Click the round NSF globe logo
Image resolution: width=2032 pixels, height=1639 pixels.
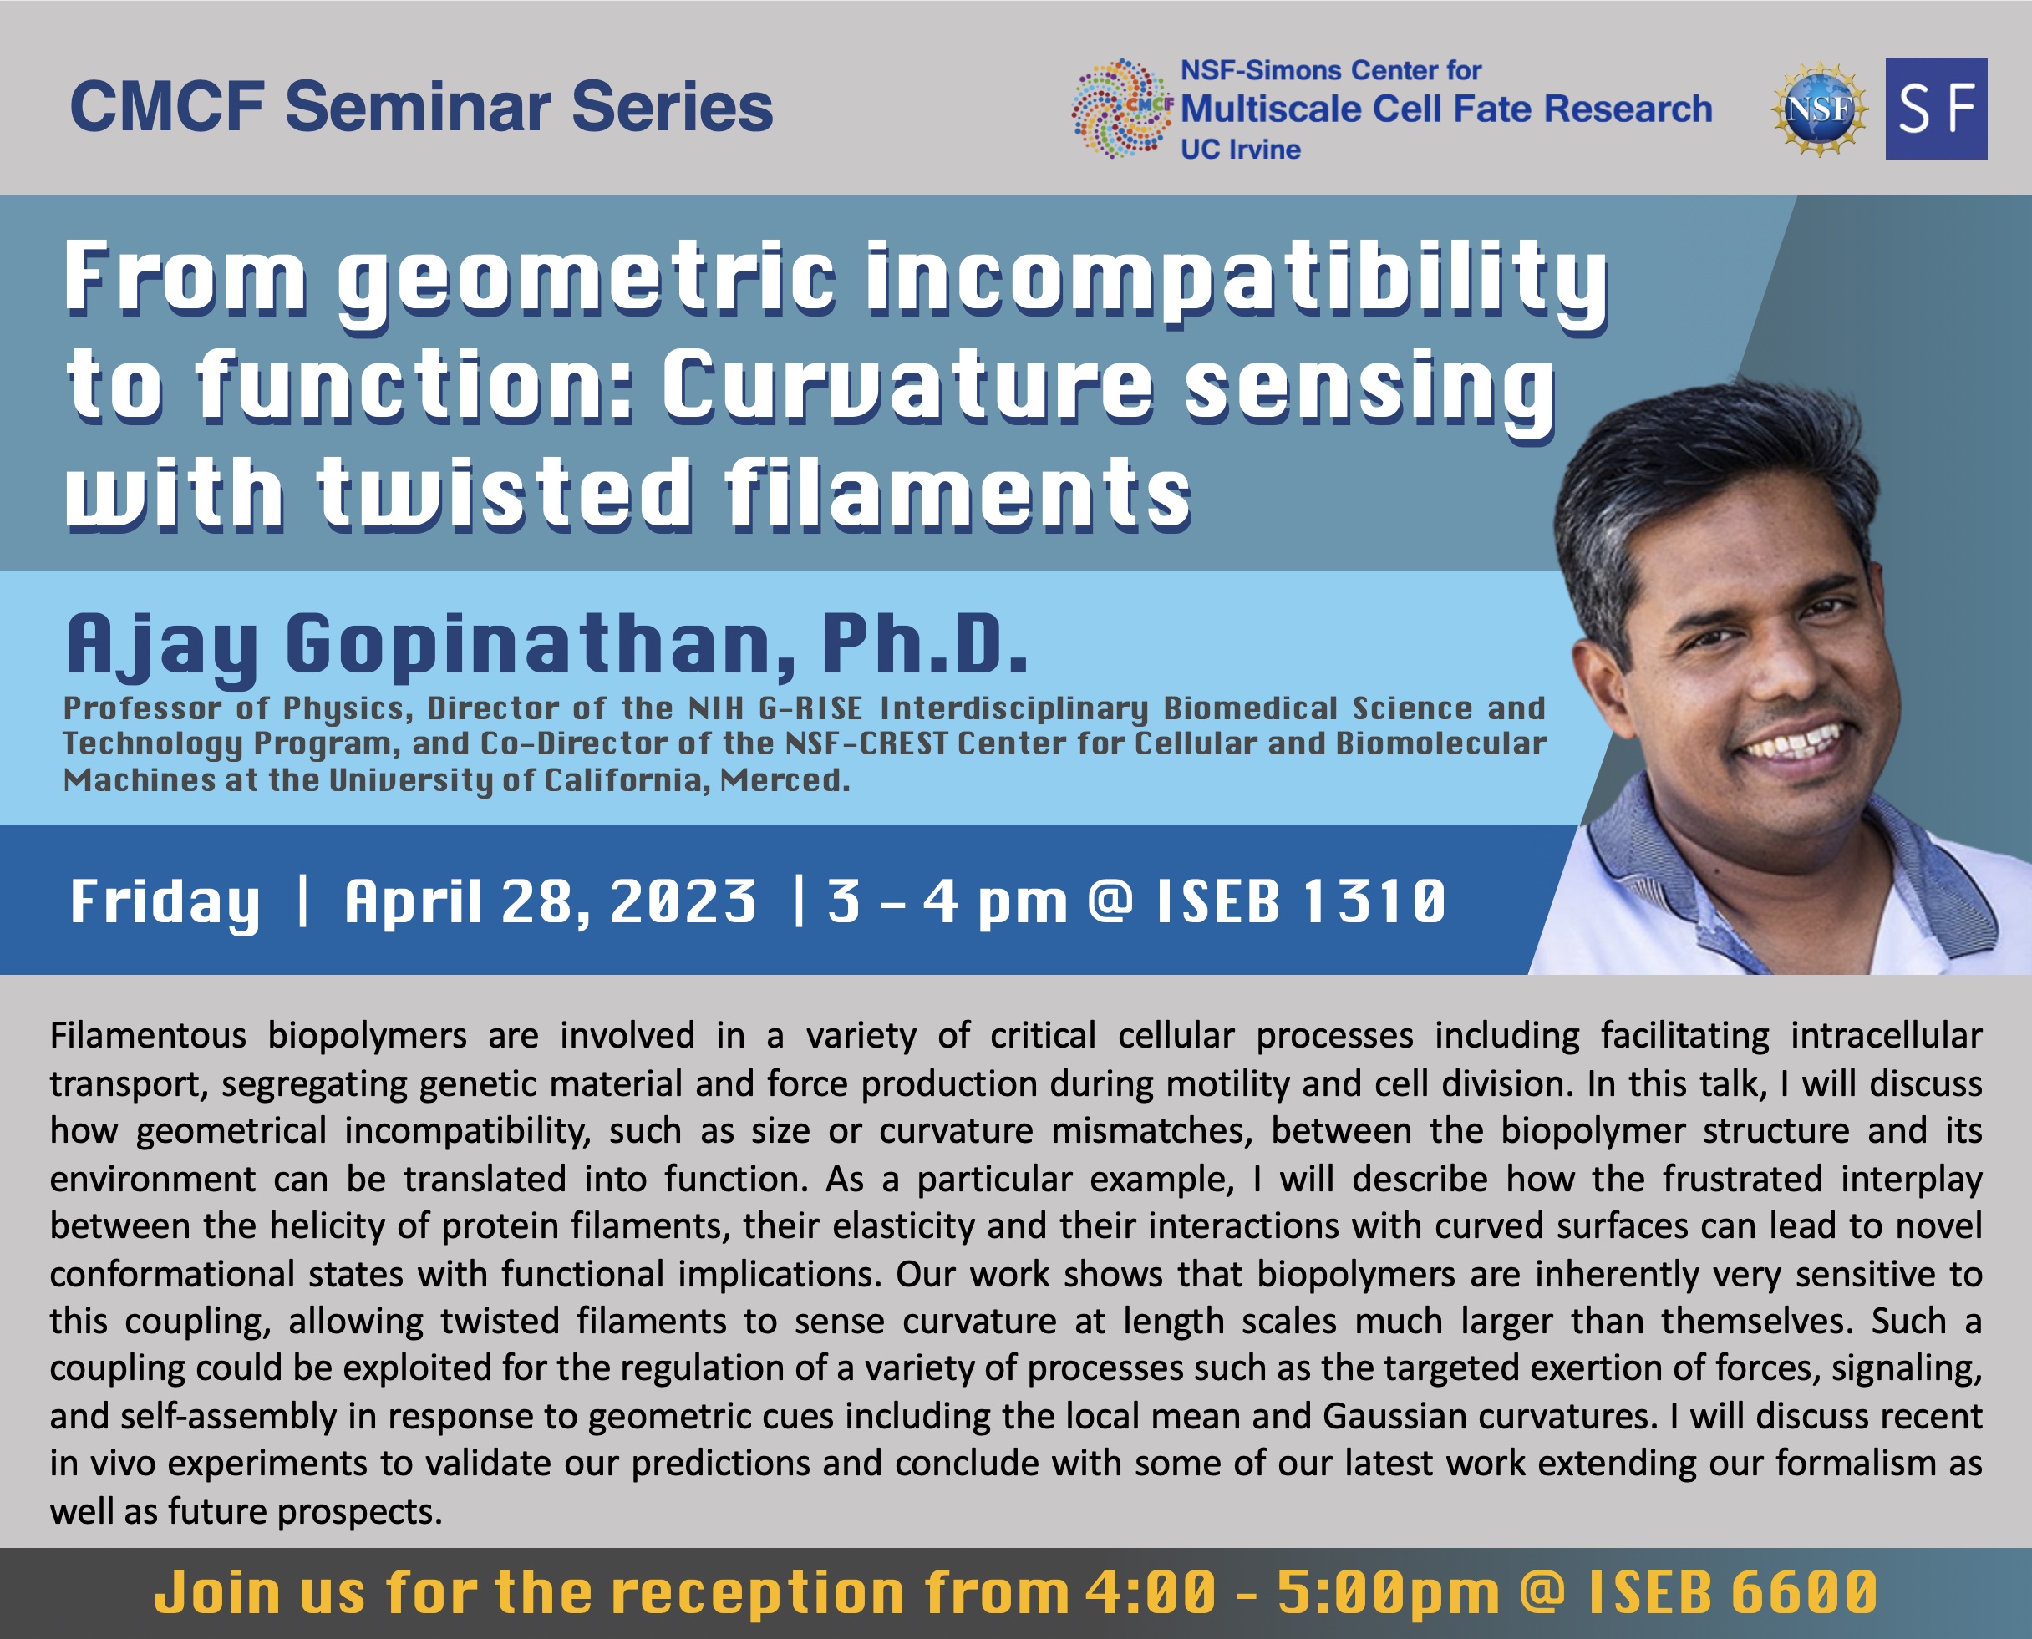pyautogui.click(x=1819, y=109)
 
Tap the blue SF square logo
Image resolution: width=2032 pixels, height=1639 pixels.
pyautogui.click(x=1936, y=109)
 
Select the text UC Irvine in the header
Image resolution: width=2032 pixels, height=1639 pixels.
pyautogui.click(x=1240, y=150)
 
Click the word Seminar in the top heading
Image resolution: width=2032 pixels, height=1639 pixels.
pyautogui.click(x=419, y=106)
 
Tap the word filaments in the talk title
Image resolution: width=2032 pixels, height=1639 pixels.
pyautogui.click(x=958, y=492)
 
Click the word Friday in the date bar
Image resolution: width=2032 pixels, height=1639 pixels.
pyautogui.click(x=165, y=902)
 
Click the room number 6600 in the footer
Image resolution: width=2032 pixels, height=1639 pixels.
pyautogui.click(x=1805, y=1593)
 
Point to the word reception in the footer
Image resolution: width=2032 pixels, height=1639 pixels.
pyautogui.click(x=760, y=1595)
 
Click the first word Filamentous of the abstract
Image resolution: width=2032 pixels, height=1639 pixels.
pyautogui.click(x=147, y=1036)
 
